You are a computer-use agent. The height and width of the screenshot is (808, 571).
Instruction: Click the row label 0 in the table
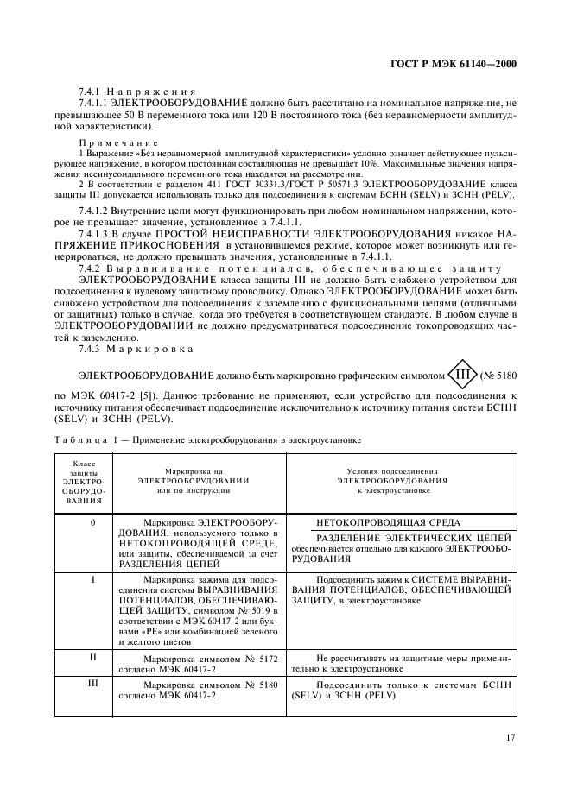92,523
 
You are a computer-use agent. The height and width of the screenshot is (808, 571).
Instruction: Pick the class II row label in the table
92,658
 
